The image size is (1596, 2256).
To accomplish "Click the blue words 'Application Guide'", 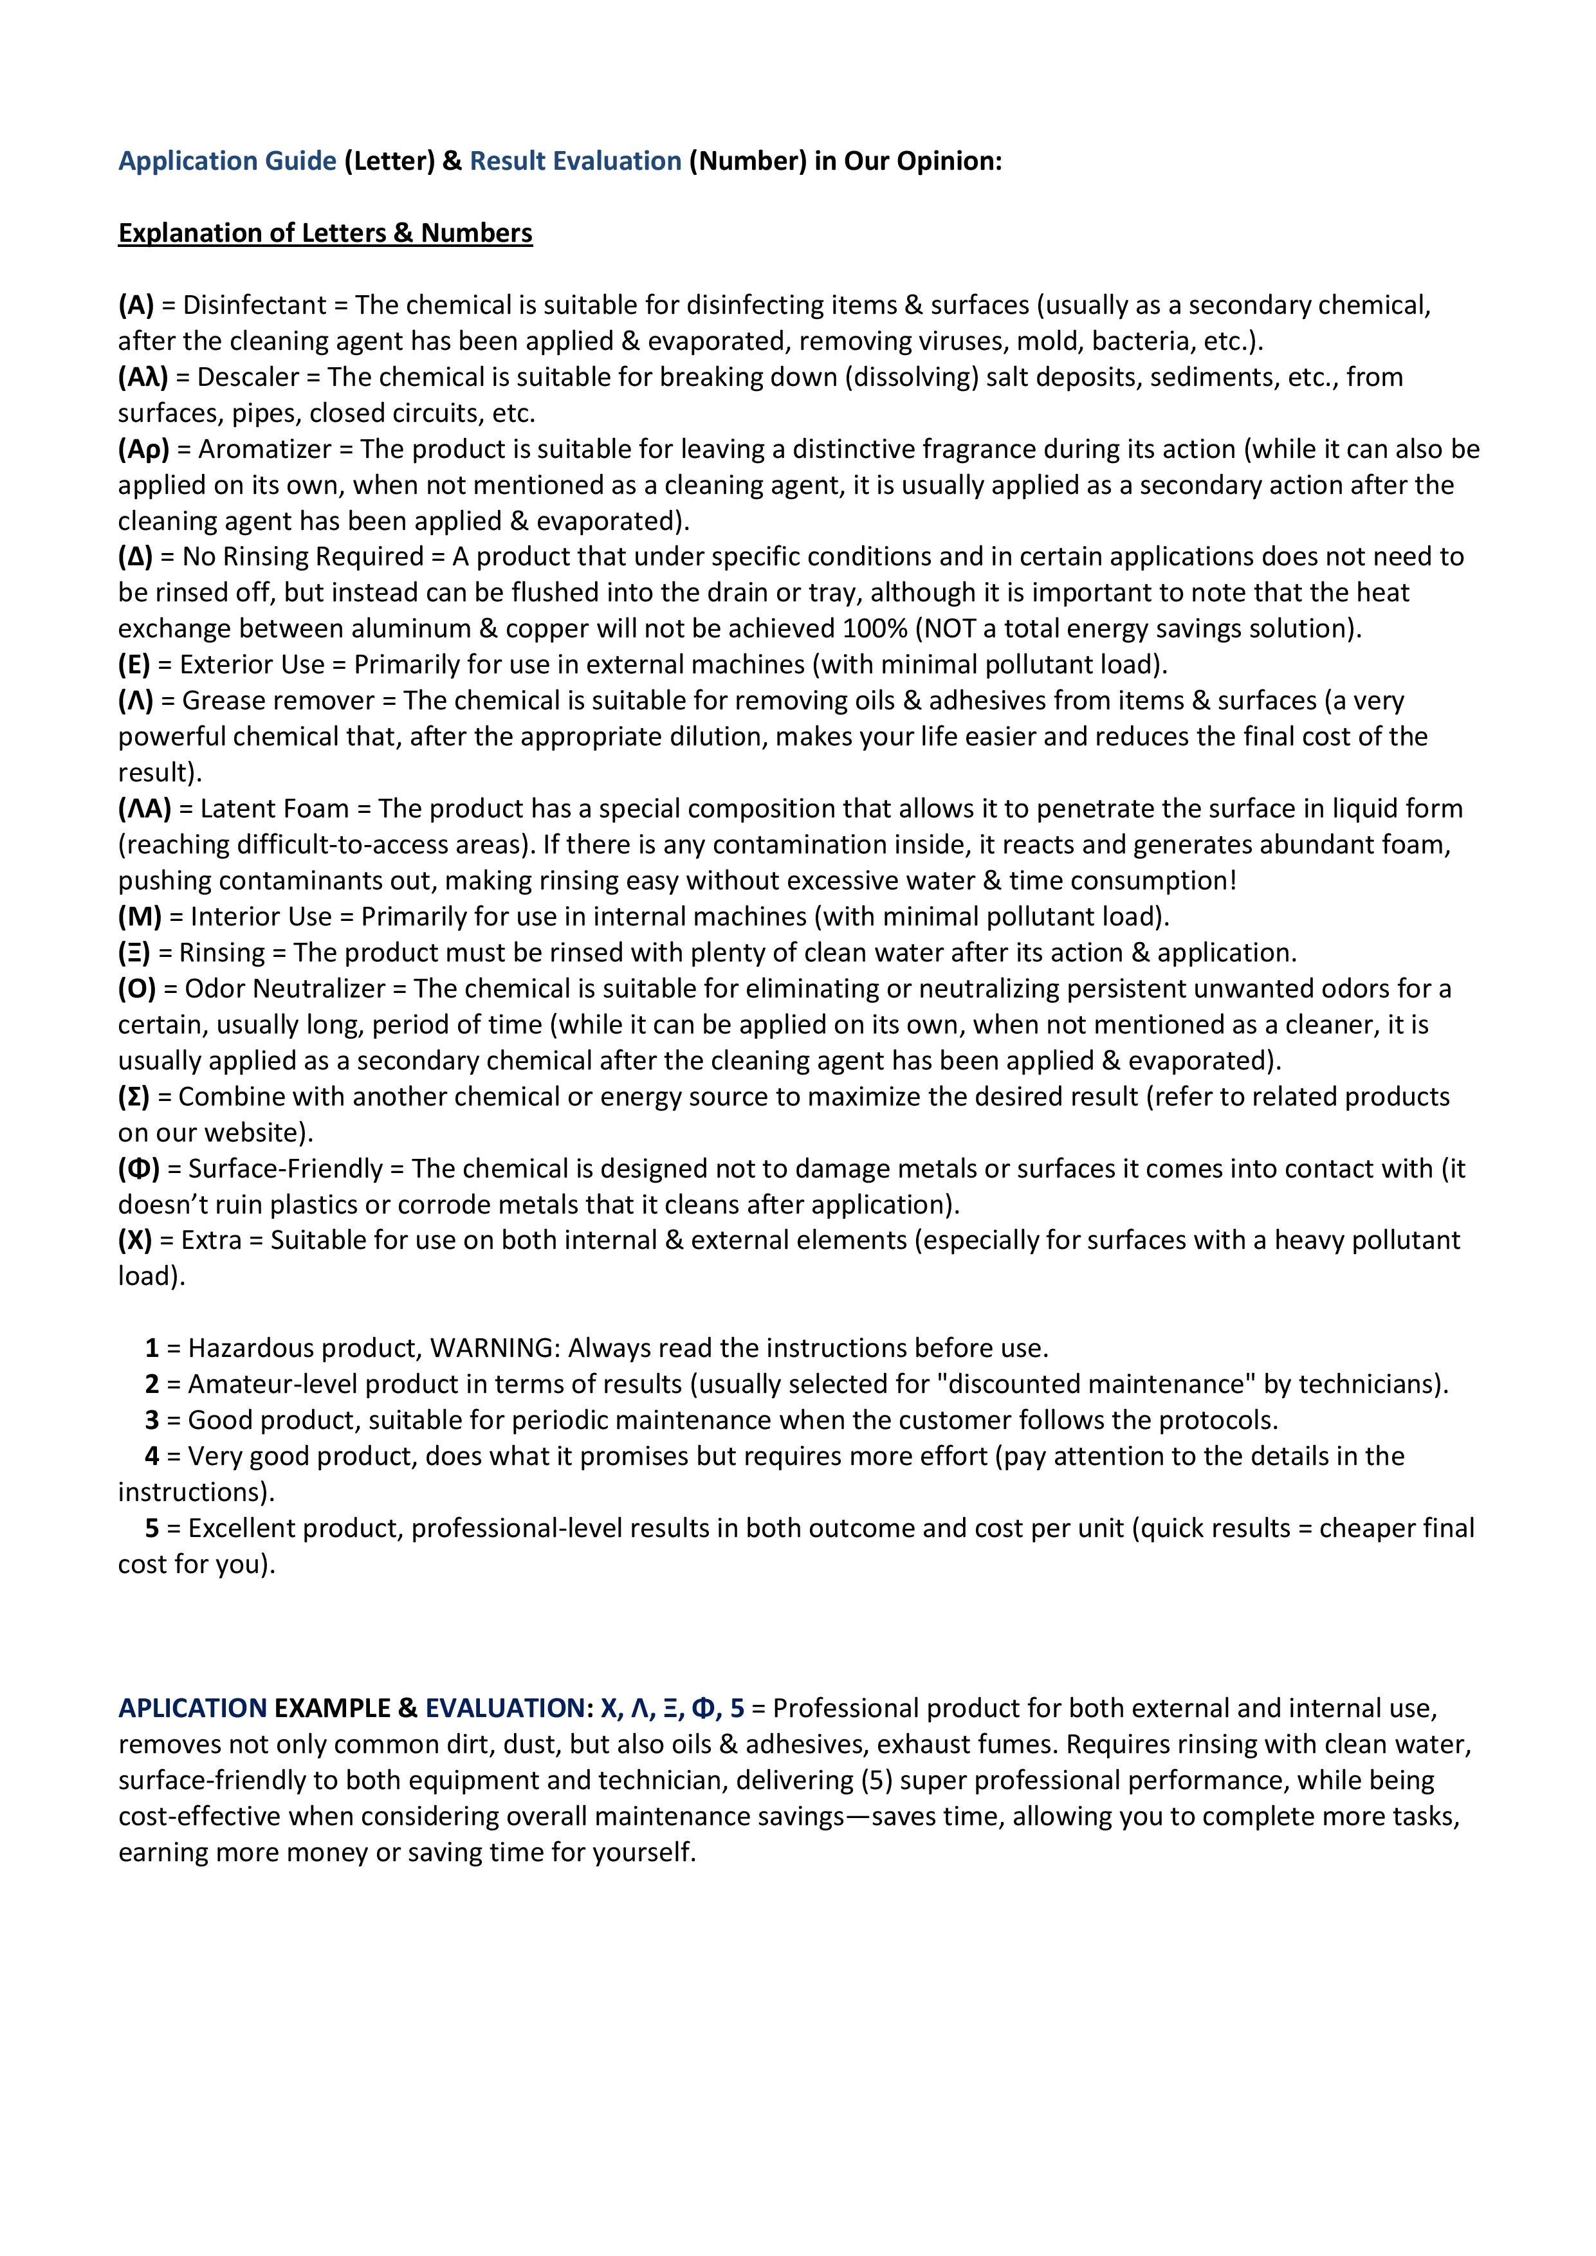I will (227, 161).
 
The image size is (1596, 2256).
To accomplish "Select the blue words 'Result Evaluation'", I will (575, 161).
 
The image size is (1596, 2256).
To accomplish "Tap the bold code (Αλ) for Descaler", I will (143, 378).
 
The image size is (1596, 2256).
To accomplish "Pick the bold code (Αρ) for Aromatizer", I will (143, 449).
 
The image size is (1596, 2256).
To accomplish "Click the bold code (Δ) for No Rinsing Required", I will (136, 557).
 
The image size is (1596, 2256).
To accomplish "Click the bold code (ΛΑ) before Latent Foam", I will (145, 808).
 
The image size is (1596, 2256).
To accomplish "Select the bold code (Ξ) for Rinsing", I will (134, 953).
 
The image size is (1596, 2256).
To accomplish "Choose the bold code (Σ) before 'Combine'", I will (134, 1096).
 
